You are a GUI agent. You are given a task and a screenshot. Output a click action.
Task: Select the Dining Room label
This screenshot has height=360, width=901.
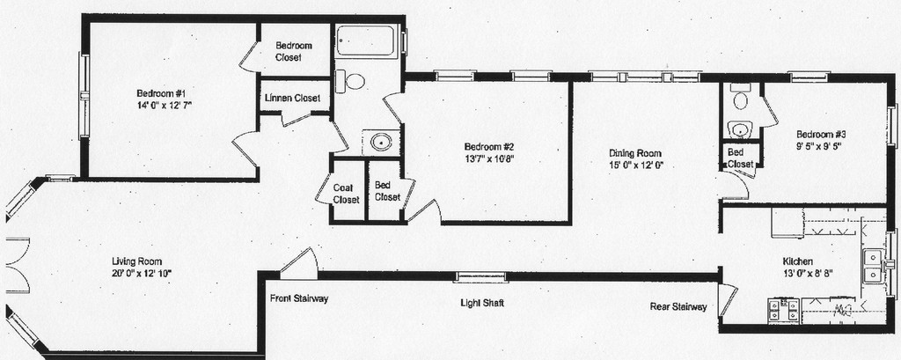[x=634, y=152]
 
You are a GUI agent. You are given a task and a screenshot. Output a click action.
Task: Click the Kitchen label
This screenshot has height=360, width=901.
[x=798, y=261]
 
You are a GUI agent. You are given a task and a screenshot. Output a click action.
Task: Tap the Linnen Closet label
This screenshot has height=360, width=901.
[x=292, y=98]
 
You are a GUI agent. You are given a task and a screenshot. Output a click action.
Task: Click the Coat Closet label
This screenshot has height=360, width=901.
[x=346, y=194]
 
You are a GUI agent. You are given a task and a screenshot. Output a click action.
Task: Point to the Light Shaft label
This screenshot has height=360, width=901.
[x=481, y=304]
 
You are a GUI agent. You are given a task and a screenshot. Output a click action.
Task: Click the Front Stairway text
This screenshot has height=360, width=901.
[x=299, y=298]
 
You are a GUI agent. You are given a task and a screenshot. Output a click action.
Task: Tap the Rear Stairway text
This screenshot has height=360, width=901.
[x=678, y=307]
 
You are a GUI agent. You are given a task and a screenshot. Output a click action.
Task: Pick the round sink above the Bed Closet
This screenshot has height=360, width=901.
[x=381, y=143]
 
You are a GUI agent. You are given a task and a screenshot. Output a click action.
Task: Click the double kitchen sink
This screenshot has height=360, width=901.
[x=872, y=266]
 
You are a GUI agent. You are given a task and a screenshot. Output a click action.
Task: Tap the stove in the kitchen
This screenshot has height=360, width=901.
[x=782, y=310]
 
